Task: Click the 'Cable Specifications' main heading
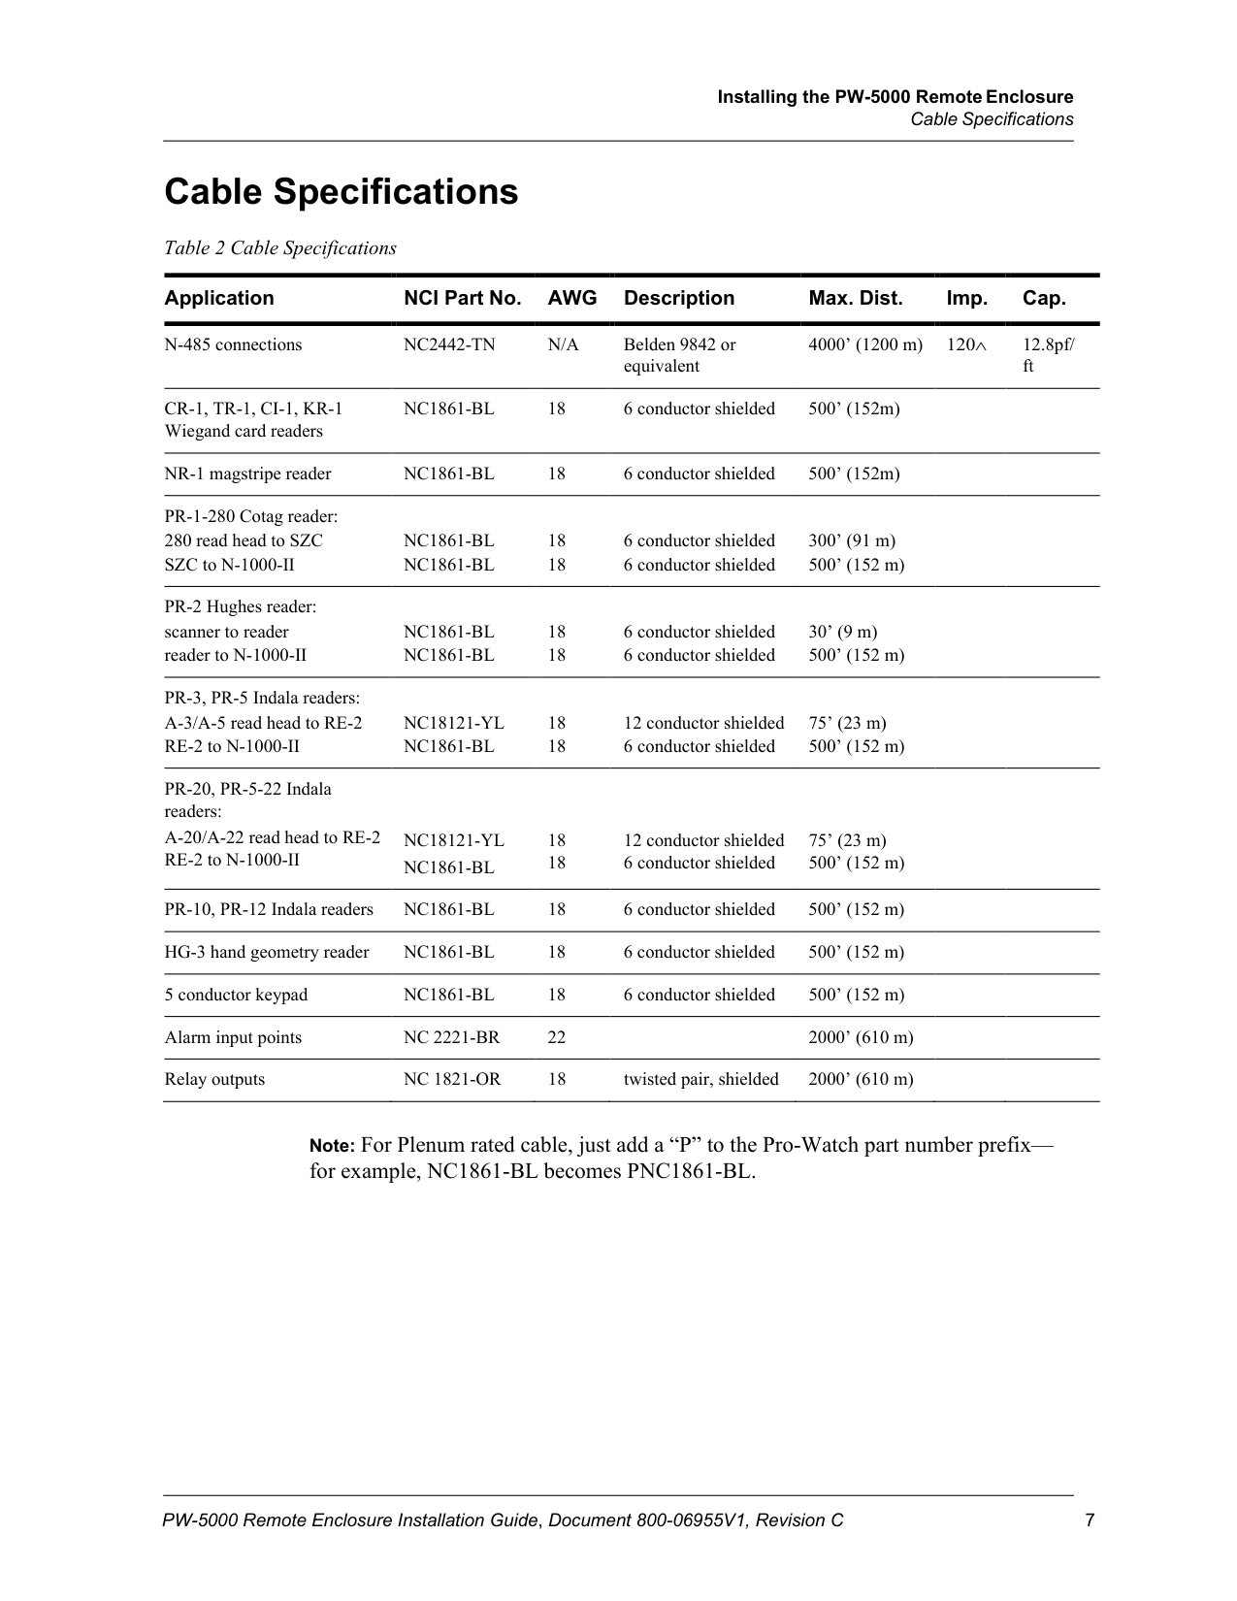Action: [x=341, y=192]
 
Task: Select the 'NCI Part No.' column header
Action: [x=462, y=298]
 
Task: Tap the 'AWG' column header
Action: [x=571, y=298]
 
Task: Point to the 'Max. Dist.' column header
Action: [x=855, y=298]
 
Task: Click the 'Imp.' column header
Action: [x=966, y=298]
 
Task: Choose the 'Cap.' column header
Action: [x=1043, y=298]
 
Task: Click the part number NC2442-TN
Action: [x=448, y=344]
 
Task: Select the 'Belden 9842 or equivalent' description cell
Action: [x=679, y=355]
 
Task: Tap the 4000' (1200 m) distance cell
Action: [x=865, y=344]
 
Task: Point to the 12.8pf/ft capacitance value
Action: [x=1048, y=355]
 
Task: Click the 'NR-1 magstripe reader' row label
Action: [x=247, y=474]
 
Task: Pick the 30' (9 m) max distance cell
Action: [x=842, y=632]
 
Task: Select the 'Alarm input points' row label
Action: [x=233, y=1037]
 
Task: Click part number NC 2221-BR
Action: [x=451, y=1037]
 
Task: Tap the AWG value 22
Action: [x=557, y=1037]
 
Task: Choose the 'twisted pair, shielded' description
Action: [x=700, y=1079]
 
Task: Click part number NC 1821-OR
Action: [x=452, y=1079]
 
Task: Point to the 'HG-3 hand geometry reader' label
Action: [x=267, y=952]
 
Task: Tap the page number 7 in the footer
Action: [x=1090, y=1520]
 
